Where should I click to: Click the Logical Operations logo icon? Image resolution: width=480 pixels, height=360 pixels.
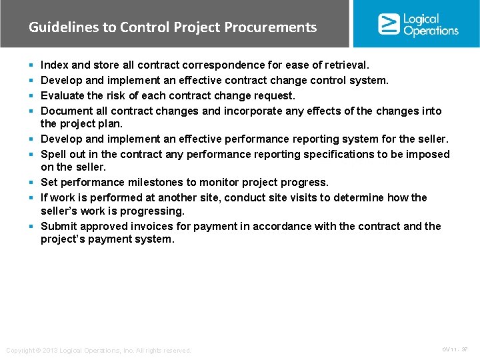389,24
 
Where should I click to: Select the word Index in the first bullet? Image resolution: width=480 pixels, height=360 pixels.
54,65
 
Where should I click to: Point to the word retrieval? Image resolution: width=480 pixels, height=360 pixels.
345,65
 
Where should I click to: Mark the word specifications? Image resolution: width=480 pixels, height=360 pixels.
339,154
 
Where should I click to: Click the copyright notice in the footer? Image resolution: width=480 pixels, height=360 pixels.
99,350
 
